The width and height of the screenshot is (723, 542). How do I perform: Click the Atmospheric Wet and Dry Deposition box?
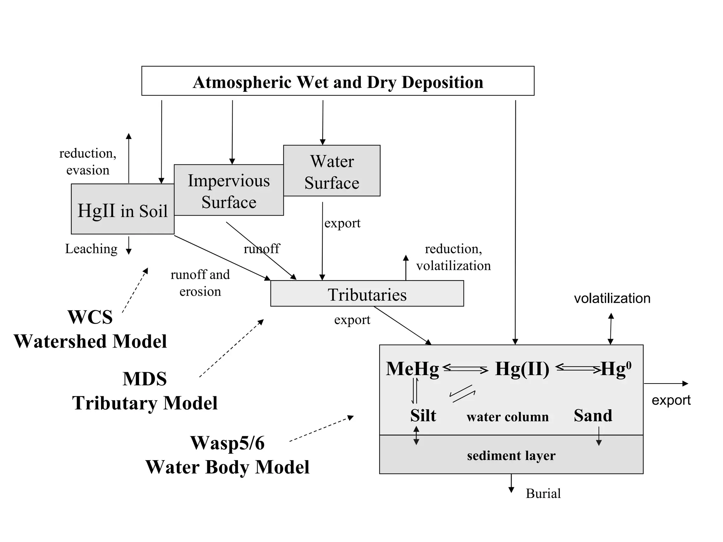click(338, 81)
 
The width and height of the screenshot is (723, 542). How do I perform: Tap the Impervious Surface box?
click(229, 191)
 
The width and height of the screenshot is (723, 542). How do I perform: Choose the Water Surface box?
click(332, 171)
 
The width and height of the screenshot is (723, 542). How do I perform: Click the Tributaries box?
click(367, 294)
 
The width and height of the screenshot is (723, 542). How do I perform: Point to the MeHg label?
click(412, 369)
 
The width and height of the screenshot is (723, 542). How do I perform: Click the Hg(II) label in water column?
click(522, 369)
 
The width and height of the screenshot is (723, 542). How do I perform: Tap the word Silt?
click(423, 416)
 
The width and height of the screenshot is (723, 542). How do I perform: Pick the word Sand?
click(593, 416)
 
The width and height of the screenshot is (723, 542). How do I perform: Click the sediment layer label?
click(511, 456)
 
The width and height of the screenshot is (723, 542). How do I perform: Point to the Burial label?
click(543, 493)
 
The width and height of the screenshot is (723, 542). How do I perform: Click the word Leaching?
click(91, 249)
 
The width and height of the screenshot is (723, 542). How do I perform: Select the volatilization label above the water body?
click(612, 299)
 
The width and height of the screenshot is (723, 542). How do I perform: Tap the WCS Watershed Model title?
click(90, 329)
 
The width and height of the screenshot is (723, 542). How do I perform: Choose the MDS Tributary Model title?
click(145, 391)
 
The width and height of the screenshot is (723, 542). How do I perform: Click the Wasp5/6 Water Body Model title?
click(227, 455)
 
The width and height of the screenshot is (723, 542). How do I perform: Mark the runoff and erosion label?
click(200, 283)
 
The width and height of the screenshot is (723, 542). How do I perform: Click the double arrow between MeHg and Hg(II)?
click(465, 369)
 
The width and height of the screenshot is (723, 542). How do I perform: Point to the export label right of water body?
click(671, 400)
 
